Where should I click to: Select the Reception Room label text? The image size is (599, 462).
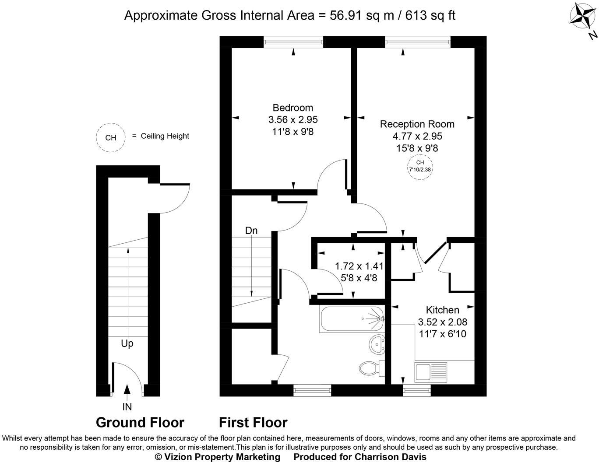click(x=417, y=124)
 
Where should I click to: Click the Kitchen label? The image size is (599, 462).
click(x=443, y=310)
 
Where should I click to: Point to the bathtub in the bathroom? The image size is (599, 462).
click(x=352, y=319)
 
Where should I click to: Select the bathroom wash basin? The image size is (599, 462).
click(x=377, y=344)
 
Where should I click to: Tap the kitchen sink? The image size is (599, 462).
click(x=431, y=372)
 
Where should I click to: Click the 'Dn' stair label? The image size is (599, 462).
click(x=251, y=231)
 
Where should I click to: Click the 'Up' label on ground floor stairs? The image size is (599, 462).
click(x=127, y=343)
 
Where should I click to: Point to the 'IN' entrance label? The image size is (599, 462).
click(x=127, y=407)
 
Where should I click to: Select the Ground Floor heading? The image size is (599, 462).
click(x=140, y=423)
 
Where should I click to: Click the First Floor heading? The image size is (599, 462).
click(x=253, y=423)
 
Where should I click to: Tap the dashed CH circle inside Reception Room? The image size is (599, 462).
click(x=417, y=166)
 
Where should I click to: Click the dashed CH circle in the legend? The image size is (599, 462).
click(x=111, y=137)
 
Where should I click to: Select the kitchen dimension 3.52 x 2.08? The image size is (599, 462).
click(x=443, y=322)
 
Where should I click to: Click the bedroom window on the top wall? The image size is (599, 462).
click(x=293, y=42)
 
